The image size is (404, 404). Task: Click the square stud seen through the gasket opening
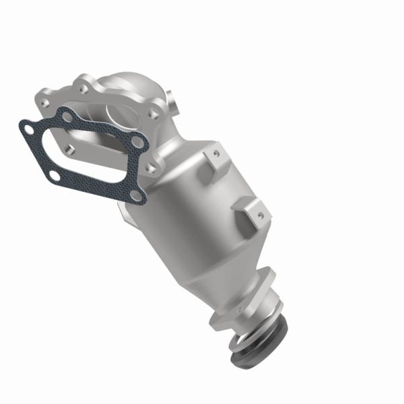pos(69,145)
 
